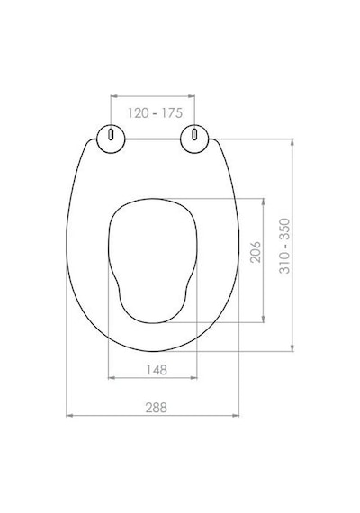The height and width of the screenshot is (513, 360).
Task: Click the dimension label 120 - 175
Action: (155, 113)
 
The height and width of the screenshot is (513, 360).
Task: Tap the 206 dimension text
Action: (256, 252)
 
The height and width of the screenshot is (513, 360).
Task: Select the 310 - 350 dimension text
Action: (284, 246)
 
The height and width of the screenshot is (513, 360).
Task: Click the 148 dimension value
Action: (157, 370)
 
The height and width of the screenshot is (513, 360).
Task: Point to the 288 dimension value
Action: (157, 408)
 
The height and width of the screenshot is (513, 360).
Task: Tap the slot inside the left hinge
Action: (111, 135)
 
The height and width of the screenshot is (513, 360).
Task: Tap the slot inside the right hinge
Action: (194, 135)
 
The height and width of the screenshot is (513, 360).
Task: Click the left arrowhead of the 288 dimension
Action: (69, 416)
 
